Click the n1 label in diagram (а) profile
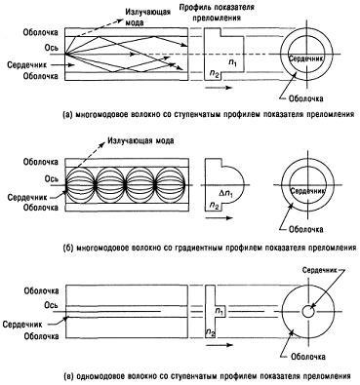pyautogui.click(x=232, y=63)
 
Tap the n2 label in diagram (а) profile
pyautogui.click(x=214, y=74)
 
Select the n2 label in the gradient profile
pyautogui.click(x=214, y=205)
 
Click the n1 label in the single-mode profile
pyautogui.click(x=220, y=311)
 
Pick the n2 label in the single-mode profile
pyautogui.click(x=210, y=332)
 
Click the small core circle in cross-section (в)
pyautogui.click(x=307, y=312)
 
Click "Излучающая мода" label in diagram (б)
pyautogui.click(x=140, y=140)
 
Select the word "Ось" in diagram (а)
pyautogui.click(x=52, y=48)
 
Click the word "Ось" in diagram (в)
pyautogui.click(x=52, y=305)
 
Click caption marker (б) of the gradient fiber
pyautogui.click(x=67, y=249)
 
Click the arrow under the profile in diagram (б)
pyautogui.click(x=220, y=218)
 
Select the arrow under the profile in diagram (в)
pyautogui.click(x=220, y=345)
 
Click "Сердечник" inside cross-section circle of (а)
pyautogui.click(x=306, y=58)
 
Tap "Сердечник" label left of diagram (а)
pyautogui.click(x=27, y=65)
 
